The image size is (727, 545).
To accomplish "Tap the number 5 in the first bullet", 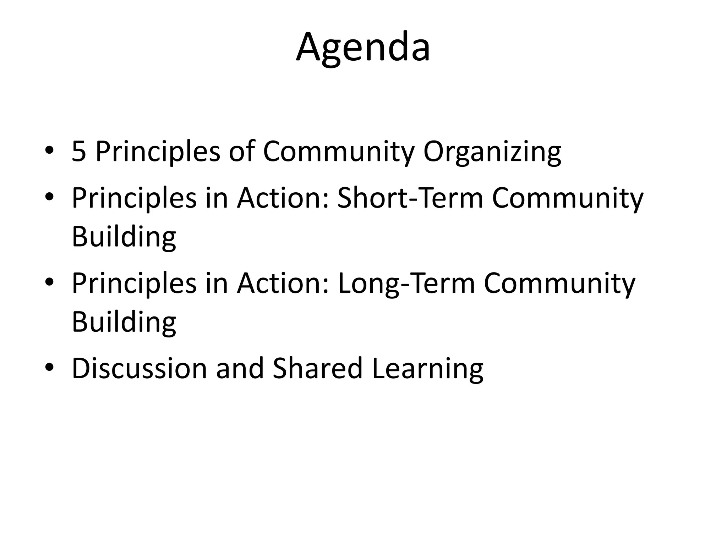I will click(x=79, y=152).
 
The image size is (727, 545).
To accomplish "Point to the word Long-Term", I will click(x=406, y=283).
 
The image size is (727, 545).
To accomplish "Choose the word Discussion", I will click(x=139, y=368).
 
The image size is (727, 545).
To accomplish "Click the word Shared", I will click(x=318, y=368).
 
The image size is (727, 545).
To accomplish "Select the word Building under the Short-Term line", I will click(x=124, y=237).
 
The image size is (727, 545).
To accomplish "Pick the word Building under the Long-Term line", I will click(x=124, y=322).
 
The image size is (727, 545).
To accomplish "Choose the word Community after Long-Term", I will click(x=559, y=284).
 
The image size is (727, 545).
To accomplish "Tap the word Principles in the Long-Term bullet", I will click(x=134, y=284).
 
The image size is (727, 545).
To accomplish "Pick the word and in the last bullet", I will click(x=240, y=368).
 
